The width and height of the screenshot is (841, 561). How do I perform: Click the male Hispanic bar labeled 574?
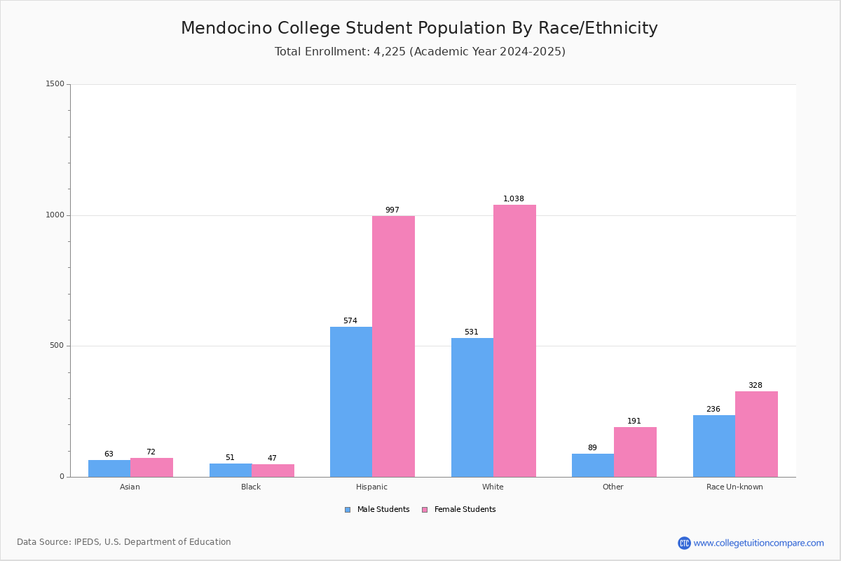(x=351, y=402)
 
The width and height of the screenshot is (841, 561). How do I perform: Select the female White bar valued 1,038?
(x=514, y=341)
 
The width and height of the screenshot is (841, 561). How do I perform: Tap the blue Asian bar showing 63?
(x=109, y=468)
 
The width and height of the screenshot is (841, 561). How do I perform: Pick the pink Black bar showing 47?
(x=273, y=471)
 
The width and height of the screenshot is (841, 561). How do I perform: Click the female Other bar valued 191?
(x=635, y=452)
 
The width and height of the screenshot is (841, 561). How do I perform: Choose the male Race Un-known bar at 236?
(x=714, y=446)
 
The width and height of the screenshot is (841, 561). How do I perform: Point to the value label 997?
(x=392, y=210)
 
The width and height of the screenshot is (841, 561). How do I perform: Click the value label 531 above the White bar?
(x=472, y=332)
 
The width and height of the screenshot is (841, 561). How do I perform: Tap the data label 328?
(x=755, y=385)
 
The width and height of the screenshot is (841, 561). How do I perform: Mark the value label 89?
(x=592, y=447)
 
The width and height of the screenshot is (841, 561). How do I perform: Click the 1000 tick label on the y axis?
(x=55, y=215)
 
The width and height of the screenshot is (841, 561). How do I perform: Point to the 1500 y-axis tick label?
(x=55, y=83)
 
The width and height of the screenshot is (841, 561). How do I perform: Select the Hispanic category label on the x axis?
(x=371, y=487)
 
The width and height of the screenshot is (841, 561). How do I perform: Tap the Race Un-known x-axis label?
(x=734, y=487)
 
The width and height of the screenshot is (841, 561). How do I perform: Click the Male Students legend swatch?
(x=348, y=510)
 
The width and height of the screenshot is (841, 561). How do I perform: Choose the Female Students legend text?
(x=465, y=510)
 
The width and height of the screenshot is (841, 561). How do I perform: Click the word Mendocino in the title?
(x=227, y=28)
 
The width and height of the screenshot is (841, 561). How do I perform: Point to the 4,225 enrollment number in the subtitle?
(x=390, y=52)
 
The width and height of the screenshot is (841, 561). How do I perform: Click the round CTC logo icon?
(x=684, y=543)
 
